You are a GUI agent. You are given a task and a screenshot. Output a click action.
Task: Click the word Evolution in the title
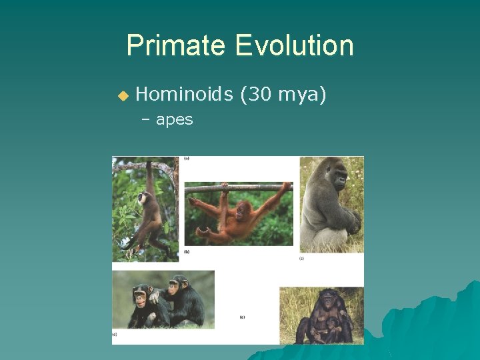pyautogui.click(x=294, y=46)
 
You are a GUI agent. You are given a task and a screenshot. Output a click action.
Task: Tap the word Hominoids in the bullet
pyautogui.click(x=183, y=95)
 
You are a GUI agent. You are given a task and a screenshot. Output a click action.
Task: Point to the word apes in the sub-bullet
pyautogui.click(x=174, y=120)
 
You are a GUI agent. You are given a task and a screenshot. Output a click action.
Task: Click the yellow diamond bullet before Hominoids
pyautogui.click(x=122, y=96)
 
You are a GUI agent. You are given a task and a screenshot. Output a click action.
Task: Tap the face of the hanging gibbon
pyautogui.click(x=142, y=199)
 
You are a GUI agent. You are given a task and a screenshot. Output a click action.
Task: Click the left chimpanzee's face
pyautogui.click(x=141, y=294)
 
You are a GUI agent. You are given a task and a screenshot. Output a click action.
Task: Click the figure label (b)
pyautogui.click(x=187, y=251)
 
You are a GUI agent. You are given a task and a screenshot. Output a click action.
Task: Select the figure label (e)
pyautogui.click(x=243, y=317)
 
